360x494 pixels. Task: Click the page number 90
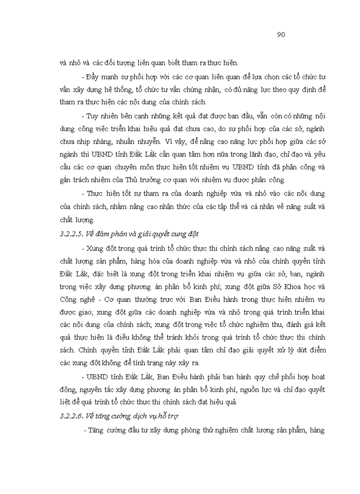click(281, 35)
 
